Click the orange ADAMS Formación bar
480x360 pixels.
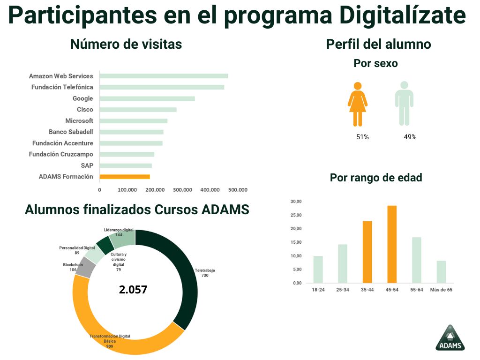coord(125,177)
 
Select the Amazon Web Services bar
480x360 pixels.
coord(164,76)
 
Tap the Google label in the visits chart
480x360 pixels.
coord(82,98)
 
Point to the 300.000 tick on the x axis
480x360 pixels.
coord(182,190)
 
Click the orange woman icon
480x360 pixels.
coord(358,104)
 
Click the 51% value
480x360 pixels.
coord(363,137)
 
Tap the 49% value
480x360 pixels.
coord(410,137)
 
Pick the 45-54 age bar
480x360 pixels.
coord(392,244)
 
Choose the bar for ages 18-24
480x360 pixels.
coord(318,270)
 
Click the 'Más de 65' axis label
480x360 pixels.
coord(441,290)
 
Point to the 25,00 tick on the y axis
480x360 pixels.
coord(296,215)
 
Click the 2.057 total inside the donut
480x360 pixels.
coord(133,290)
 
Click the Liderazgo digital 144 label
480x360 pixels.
coord(119,232)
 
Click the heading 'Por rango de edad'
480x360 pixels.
coord(376,178)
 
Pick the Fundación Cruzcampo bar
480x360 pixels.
coord(127,154)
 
